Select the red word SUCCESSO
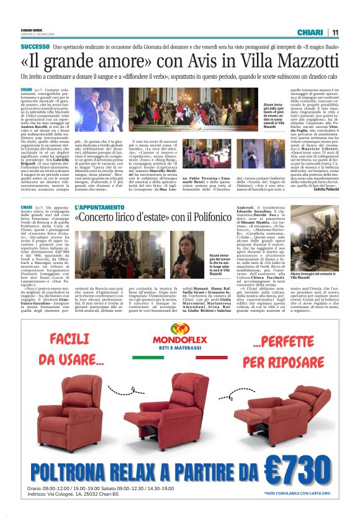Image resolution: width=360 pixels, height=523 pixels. coord(35,47)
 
